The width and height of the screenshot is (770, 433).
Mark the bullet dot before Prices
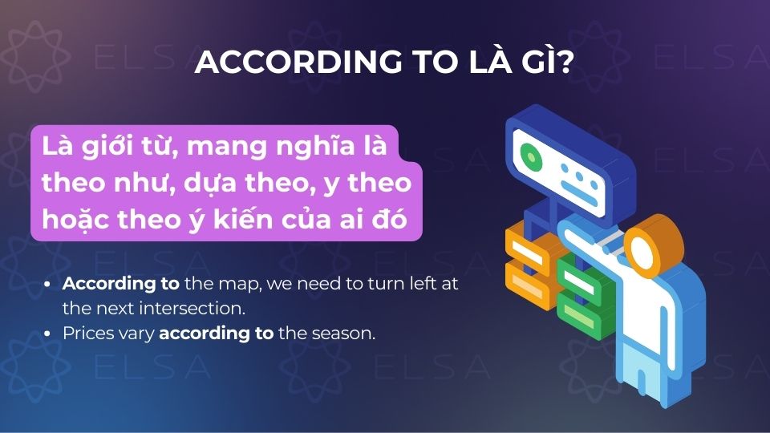pos(50,333)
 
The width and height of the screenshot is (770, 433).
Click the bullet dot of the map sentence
pos(50,284)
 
